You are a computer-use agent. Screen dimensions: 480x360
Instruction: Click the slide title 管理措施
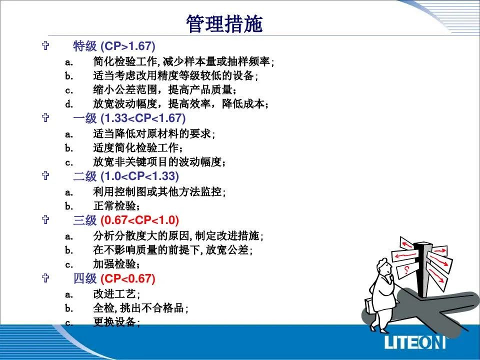coord(224,24)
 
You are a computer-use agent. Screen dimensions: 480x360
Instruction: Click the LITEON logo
coord(415,342)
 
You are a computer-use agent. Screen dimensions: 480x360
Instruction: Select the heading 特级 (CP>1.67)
coord(114,46)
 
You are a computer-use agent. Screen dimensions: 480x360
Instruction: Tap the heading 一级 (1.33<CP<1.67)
coord(129,118)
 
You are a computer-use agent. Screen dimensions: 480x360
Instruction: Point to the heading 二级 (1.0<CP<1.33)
coord(126,176)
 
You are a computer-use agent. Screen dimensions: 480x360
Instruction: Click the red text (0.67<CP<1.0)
coord(139,220)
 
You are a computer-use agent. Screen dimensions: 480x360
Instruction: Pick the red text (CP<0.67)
coord(127,278)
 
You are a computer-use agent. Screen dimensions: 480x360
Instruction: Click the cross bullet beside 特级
coord(45,45)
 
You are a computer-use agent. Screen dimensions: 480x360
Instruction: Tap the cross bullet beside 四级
coord(45,278)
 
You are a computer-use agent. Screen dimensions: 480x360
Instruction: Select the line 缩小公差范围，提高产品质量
coord(164,90)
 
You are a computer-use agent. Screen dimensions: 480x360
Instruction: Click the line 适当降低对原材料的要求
coord(154,134)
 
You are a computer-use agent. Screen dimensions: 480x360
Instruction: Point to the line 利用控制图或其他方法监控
coord(159,192)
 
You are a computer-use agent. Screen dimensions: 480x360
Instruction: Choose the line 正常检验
coord(116,206)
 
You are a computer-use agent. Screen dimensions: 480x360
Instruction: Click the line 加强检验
coord(116,264)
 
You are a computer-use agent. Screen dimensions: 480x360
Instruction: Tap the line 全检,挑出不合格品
coord(140,308)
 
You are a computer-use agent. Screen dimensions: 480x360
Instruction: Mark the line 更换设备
coord(116,321)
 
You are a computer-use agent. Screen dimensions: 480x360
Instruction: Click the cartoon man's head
coord(384,267)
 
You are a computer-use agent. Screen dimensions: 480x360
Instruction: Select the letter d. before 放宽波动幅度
coord(69,104)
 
